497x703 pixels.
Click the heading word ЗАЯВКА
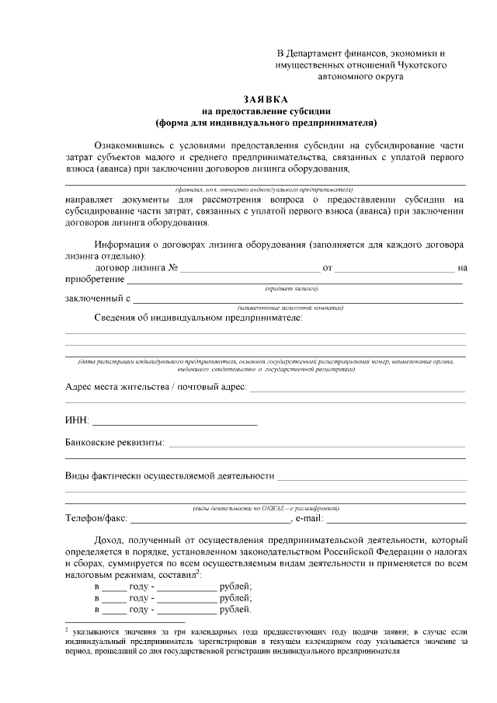click(266, 100)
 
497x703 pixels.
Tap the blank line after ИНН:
click(175, 423)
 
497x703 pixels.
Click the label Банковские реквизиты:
click(114, 443)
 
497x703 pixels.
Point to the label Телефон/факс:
click(95, 518)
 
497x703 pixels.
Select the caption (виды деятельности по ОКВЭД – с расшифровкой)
click(264, 508)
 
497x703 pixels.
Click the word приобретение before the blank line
click(95, 279)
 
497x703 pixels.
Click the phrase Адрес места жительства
click(116, 387)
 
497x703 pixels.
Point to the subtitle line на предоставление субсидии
click(266, 111)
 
